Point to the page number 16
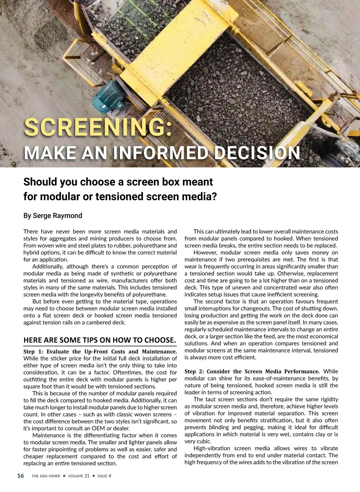coord(20,476)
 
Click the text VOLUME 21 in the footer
coord(79,476)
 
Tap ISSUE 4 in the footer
coord(104,476)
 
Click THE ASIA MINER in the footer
coord(46,476)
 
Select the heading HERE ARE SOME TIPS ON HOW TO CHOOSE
coord(100,340)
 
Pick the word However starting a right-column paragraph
coord(205,252)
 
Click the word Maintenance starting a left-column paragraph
coord(49,435)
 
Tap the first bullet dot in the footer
coord(64,476)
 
